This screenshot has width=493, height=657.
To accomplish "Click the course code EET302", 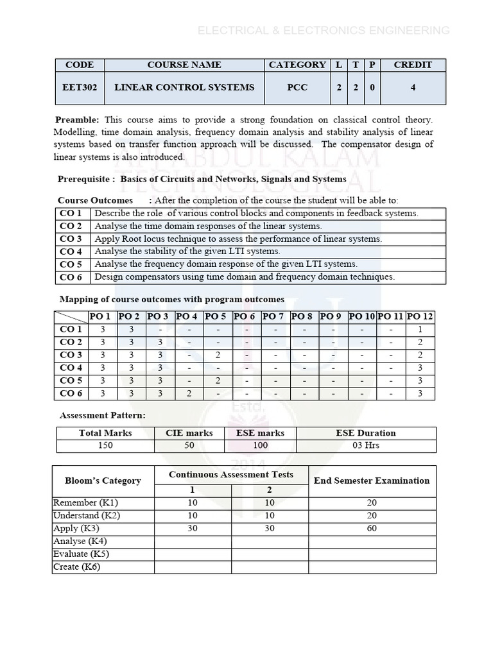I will coord(80,87).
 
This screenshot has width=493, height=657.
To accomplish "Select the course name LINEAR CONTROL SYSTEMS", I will coord(184,87).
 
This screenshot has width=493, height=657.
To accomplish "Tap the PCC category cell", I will coord(297,87).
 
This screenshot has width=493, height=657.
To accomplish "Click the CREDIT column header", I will coord(413,65).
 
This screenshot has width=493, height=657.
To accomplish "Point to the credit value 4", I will coord(413,87).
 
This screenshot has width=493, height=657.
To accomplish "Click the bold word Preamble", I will coord(77,120).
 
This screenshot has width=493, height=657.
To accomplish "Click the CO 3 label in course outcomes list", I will coord(71,239).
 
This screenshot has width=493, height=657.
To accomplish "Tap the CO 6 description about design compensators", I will coord(245,277).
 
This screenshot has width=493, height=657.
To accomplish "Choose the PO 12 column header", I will coord(420,316).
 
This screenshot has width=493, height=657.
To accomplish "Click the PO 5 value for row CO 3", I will coord(218,355).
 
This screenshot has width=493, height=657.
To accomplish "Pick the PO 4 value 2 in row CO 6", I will coord(189,393).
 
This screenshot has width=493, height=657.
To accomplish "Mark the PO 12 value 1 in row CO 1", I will coord(420,329).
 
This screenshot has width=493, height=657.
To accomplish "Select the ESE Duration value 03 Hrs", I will coord(366,446).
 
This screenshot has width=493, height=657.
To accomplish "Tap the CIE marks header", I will coord(189,433).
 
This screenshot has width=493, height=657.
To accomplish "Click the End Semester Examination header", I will coord(372,480).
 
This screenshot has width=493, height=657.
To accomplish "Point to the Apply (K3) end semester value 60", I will coord(372,528).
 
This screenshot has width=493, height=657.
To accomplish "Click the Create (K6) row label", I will coord(76,567).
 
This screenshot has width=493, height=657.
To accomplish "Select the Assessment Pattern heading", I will coord(103,415).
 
